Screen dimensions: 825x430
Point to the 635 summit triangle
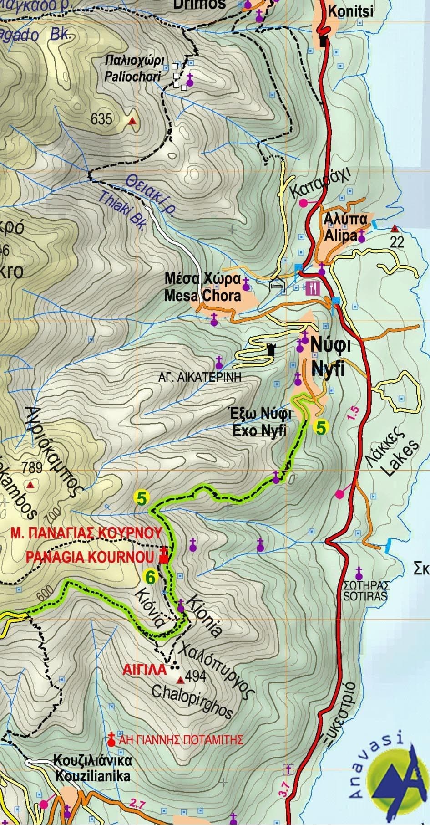click(x=132, y=121)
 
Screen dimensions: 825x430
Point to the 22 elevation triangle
click(x=394, y=228)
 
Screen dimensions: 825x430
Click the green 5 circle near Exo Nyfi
click(x=320, y=428)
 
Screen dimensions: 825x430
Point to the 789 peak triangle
click(x=30, y=485)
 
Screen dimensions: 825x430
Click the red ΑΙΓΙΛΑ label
click(x=145, y=670)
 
